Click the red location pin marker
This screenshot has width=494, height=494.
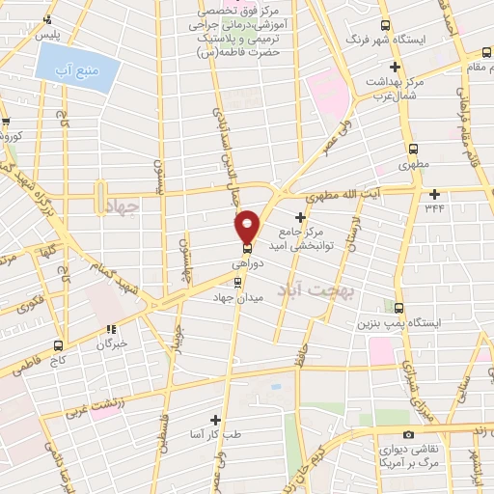pos(247,226)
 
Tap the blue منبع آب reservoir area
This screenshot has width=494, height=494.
pos(79,64)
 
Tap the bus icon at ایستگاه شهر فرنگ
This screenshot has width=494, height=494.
pos(386,26)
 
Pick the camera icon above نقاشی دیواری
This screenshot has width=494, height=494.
pos(410,435)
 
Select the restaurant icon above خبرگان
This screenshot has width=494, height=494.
pos(111,327)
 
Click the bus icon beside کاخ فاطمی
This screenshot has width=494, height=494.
pos(60,344)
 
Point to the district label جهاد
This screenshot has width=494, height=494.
pos(125,206)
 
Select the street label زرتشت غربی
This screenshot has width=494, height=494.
pos(95,407)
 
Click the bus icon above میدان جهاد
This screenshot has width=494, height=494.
pos(237,282)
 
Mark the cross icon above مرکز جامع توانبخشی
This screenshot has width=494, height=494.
pos(300,214)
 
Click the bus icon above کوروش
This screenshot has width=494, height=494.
pos(6,122)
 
